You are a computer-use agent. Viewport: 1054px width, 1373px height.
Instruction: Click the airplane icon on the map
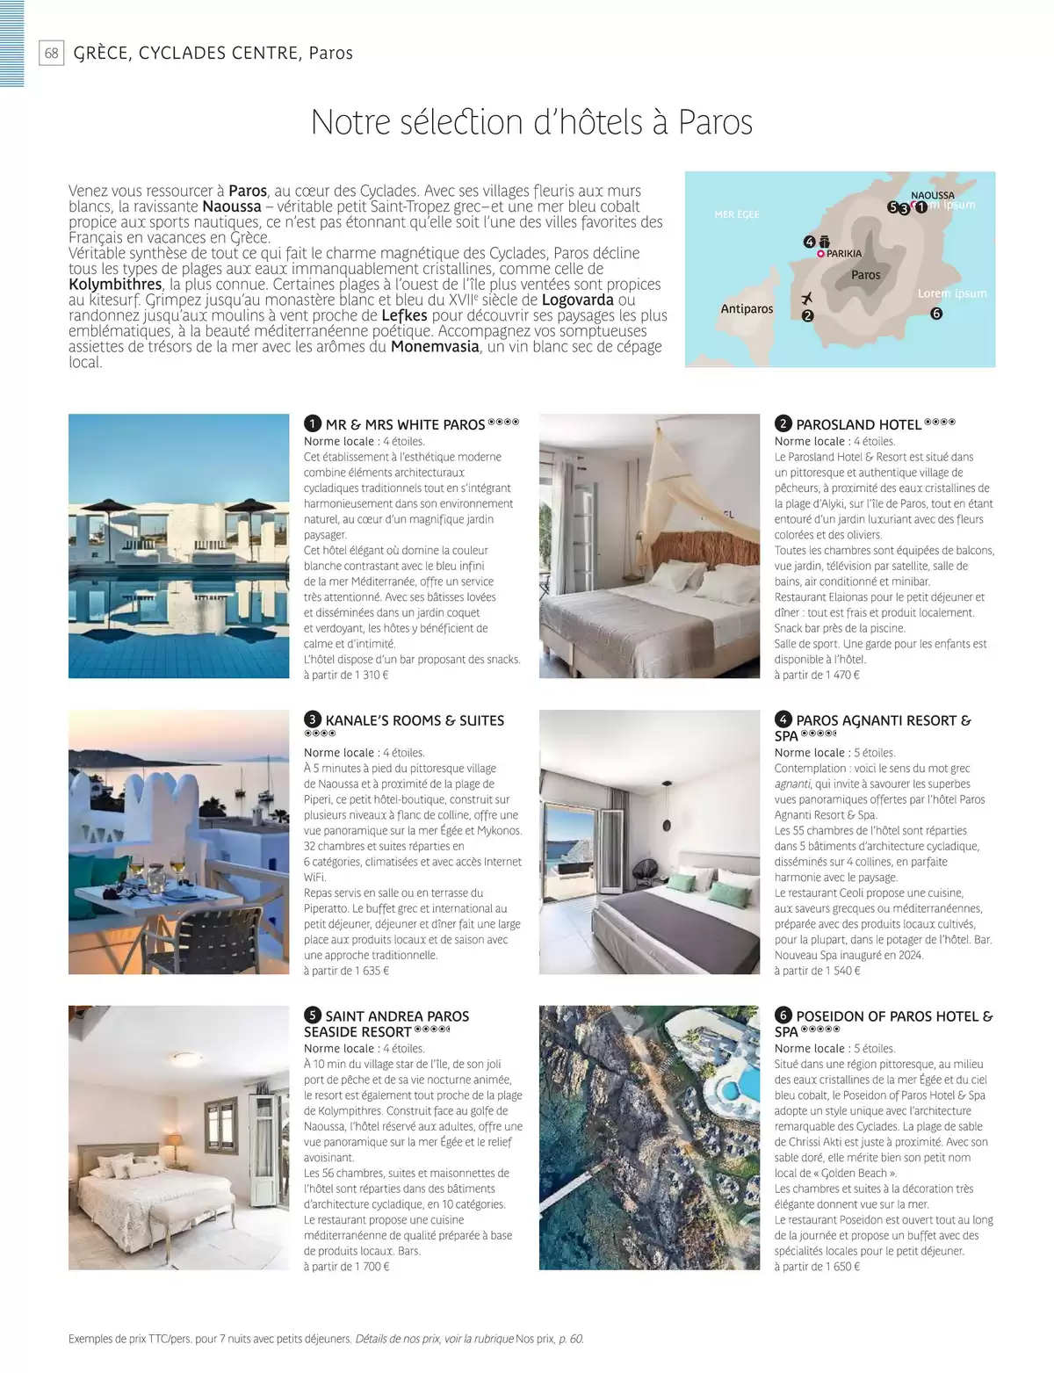pos(806,299)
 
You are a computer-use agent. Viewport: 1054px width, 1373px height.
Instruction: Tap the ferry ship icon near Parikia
pos(825,242)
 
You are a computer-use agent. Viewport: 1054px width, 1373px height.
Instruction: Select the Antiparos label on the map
pos(747,308)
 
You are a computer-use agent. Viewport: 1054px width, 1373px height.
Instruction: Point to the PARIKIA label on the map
pos(844,254)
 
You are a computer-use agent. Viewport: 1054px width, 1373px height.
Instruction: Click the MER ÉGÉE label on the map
pos(737,214)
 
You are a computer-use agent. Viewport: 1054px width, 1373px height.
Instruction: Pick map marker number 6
pos(936,314)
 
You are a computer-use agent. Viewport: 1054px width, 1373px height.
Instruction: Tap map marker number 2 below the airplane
pos(807,315)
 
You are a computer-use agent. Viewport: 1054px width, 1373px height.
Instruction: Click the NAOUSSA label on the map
pos(932,196)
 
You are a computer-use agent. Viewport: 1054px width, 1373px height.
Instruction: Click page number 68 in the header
pos(52,54)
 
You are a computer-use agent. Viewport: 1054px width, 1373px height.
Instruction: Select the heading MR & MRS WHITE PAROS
pos(405,424)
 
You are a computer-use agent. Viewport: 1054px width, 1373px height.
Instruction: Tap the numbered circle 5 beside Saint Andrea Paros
pos(312,1016)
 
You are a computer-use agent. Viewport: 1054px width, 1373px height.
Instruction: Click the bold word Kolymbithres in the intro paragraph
pos(115,285)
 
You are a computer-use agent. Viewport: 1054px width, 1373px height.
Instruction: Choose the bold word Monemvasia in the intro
pos(435,346)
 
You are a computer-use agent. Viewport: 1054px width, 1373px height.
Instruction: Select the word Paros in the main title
pos(715,122)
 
